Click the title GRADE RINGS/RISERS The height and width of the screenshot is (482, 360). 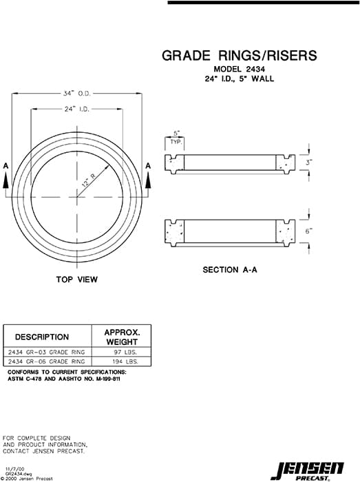tap(239, 55)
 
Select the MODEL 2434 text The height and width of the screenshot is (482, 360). tap(239, 70)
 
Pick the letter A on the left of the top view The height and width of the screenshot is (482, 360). tap(6, 166)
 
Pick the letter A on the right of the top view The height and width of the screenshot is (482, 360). tap(148, 166)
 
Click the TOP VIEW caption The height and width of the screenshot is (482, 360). tap(77, 280)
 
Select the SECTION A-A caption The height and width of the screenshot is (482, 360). tap(230, 270)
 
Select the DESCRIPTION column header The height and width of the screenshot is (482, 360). tap(42, 337)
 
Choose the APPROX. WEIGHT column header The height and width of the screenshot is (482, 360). tap(122, 337)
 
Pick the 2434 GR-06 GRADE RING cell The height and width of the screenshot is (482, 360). tap(45, 361)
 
